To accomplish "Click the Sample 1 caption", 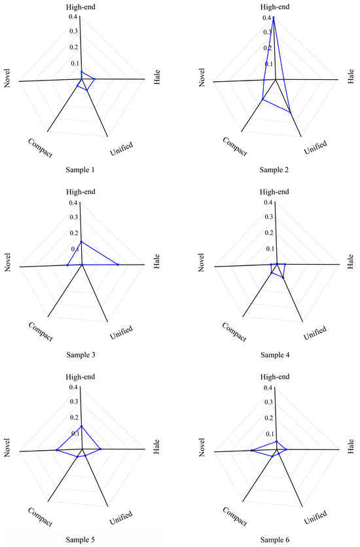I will tap(81, 170).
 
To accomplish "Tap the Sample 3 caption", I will tap(81, 354).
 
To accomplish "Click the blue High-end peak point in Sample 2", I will tap(274, 18).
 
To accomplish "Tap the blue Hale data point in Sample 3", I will tap(118, 265).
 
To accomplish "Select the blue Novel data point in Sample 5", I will tap(57, 450).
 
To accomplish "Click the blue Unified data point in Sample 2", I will tap(291, 113).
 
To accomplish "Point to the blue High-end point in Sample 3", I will tap(81, 242).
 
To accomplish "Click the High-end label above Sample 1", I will tap(81, 7).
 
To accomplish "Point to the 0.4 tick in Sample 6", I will tap(268, 388).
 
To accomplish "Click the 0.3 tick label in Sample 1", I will tap(73, 31).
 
